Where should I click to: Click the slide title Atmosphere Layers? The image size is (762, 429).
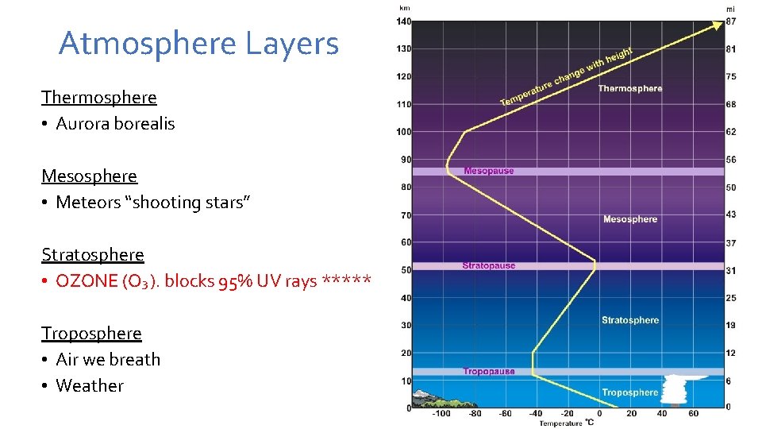(x=198, y=44)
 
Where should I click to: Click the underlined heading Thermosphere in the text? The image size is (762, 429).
(x=99, y=98)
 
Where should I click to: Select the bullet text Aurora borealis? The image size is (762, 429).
(x=115, y=124)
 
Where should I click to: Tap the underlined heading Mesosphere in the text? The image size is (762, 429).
(x=89, y=176)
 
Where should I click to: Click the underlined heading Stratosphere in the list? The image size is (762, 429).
(x=93, y=255)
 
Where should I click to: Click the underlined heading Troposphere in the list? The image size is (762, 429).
(x=91, y=334)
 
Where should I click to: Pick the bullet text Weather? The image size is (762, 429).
(x=90, y=386)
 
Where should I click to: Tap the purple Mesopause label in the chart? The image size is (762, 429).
(x=488, y=171)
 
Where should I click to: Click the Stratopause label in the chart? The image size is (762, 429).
(x=488, y=266)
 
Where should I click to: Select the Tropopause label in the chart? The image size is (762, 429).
(x=488, y=371)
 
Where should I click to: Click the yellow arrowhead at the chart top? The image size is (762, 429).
(x=716, y=24)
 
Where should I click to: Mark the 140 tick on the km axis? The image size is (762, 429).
(x=404, y=21)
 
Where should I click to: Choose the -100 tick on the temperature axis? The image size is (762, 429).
(x=441, y=414)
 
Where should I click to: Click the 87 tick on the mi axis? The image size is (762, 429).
(x=730, y=21)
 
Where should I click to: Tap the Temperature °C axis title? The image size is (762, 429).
(x=567, y=423)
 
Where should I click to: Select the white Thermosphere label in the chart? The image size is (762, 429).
(x=629, y=89)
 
